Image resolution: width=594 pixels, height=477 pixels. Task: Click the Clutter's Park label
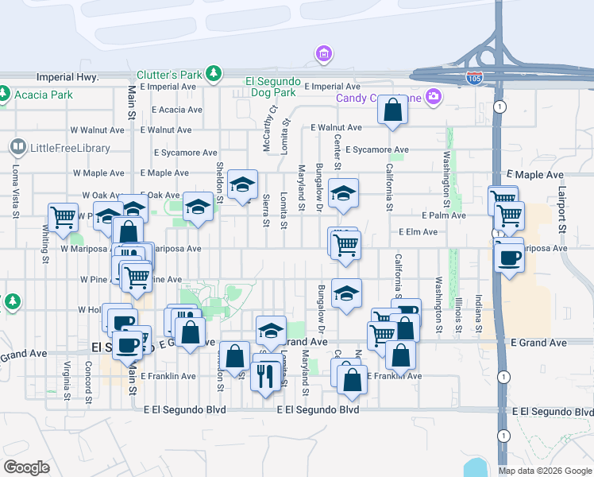pos(169,74)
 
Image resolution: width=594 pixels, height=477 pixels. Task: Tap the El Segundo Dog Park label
pos(272,81)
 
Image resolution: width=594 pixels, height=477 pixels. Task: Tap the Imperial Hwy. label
pos(67,78)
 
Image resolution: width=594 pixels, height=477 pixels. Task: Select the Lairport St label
pos(561,211)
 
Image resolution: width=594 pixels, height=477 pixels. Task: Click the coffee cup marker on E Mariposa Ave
pos(509,258)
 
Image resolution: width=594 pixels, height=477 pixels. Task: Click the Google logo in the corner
pos(26,467)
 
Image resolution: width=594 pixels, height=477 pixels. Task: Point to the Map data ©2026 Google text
pos(544,471)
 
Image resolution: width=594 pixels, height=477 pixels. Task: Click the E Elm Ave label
pos(418,232)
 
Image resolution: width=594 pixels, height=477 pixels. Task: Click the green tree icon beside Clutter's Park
pos(213,74)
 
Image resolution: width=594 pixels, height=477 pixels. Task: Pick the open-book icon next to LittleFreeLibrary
pos(17,147)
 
